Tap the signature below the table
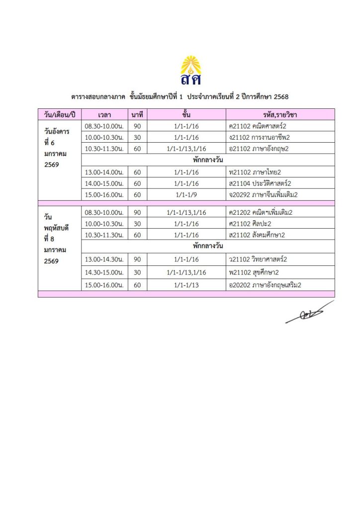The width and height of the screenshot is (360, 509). (309, 313)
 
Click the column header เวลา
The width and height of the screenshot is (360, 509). (104, 115)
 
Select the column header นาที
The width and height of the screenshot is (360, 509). (137, 115)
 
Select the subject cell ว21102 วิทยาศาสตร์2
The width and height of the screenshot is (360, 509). (259, 259)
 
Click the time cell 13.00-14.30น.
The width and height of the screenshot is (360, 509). (104, 259)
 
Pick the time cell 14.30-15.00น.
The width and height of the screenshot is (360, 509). (104, 272)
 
